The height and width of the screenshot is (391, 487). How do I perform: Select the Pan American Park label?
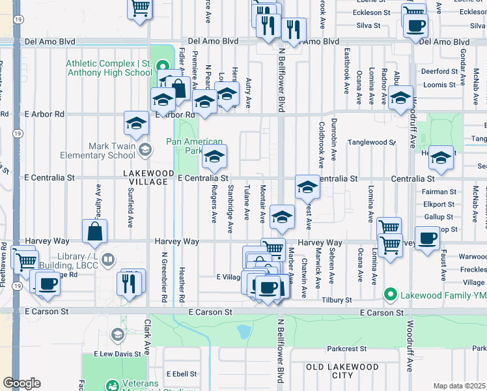(x=194, y=146)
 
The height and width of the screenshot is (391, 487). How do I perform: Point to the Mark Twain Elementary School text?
(x=98, y=151)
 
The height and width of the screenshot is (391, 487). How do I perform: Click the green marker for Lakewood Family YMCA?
(x=390, y=295)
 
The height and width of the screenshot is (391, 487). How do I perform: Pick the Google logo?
(x=22, y=383)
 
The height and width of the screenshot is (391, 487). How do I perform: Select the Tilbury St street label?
(x=339, y=300)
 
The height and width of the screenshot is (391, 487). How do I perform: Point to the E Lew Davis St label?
(x=117, y=354)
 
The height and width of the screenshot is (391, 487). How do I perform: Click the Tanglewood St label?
(x=371, y=141)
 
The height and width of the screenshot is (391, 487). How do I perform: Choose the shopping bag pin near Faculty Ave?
(x=95, y=230)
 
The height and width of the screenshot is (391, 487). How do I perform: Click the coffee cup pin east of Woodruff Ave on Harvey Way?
(x=427, y=239)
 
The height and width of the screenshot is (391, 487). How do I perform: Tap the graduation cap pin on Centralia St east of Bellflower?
(x=307, y=187)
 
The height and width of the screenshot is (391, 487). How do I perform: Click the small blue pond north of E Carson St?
(x=244, y=333)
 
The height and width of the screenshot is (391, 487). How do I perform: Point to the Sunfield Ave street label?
(x=130, y=214)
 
